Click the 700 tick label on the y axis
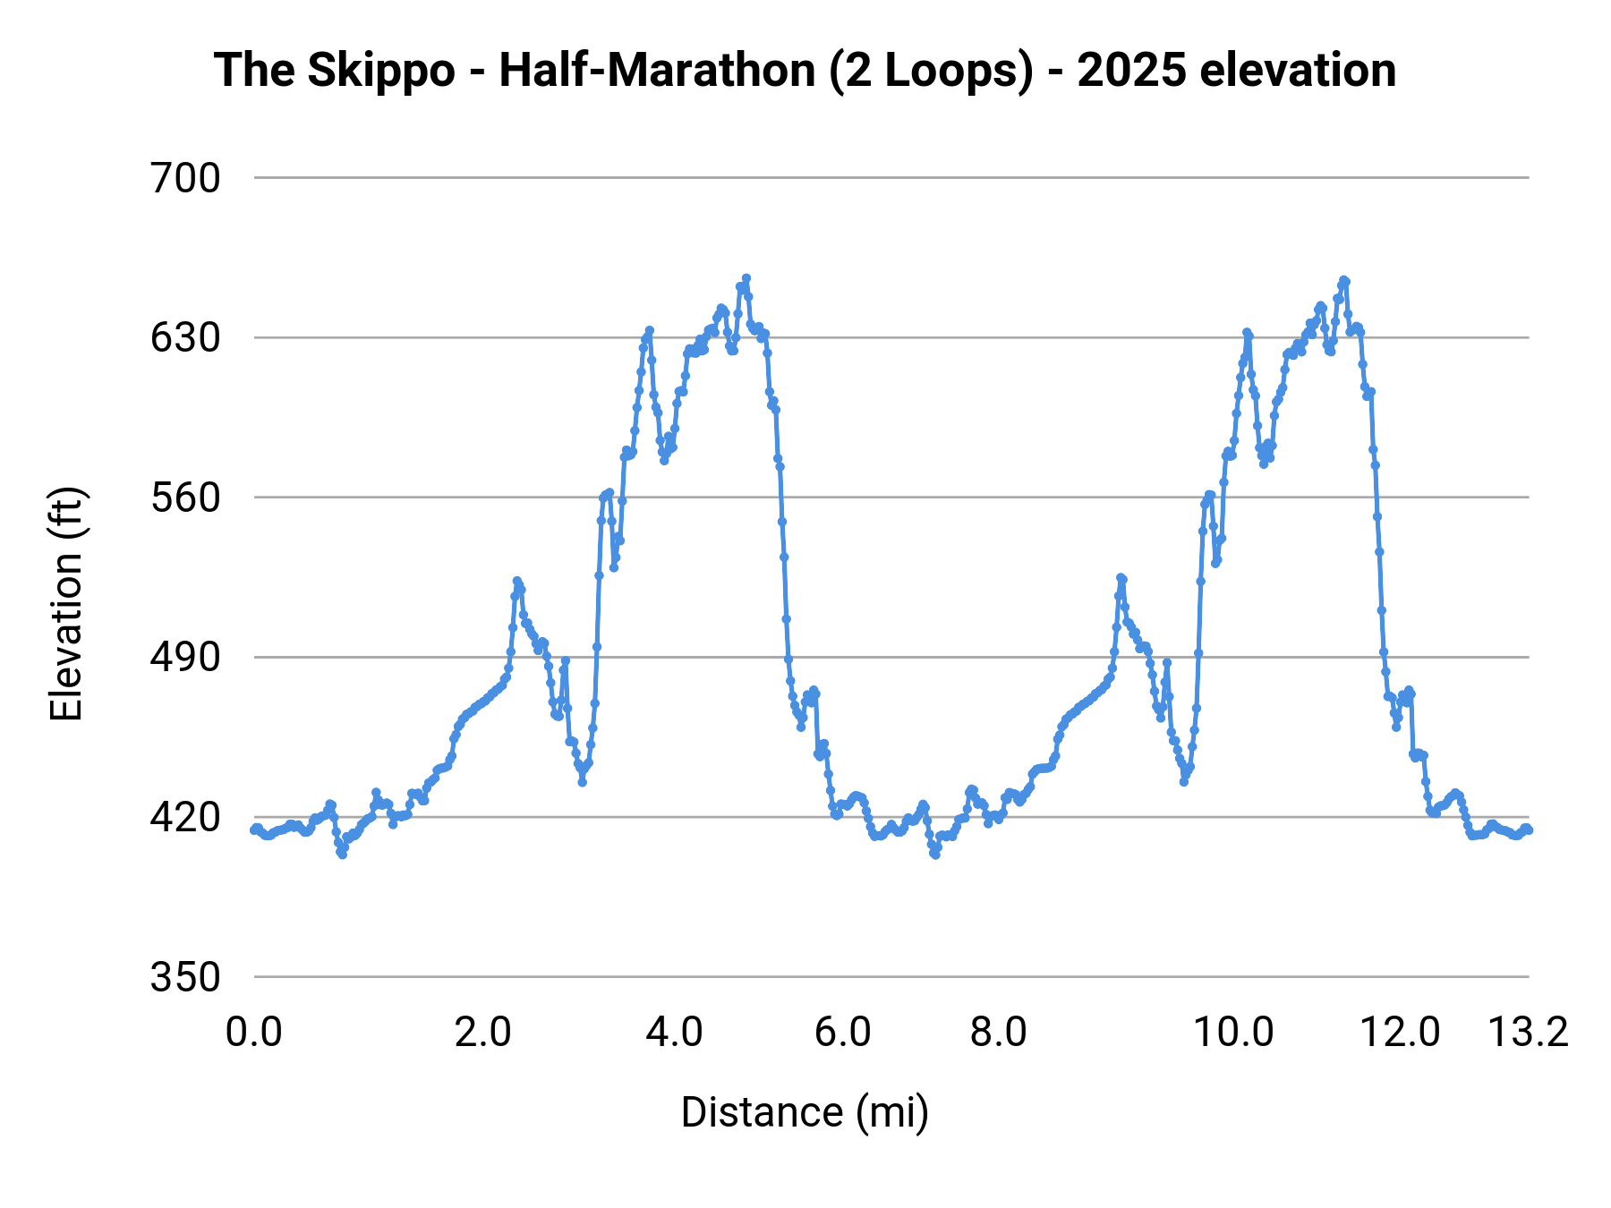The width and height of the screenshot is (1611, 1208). coord(185,179)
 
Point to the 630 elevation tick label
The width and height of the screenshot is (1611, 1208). coord(185,338)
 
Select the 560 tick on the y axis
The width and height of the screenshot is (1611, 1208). coord(185,498)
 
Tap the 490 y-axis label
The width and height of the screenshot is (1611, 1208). coord(185,658)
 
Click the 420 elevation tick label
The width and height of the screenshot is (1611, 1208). coord(185,818)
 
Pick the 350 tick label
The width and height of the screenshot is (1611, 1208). coord(185,977)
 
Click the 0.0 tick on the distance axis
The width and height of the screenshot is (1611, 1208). coord(254,1033)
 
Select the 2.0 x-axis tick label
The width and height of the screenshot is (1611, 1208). coord(482,1033)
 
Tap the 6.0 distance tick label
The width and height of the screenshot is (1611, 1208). coord(842,1033)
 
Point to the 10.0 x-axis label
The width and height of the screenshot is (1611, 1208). coord(1233,1033)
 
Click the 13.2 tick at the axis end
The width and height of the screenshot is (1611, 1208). coord(1528,1033)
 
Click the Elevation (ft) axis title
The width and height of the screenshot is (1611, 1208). coord(66,604)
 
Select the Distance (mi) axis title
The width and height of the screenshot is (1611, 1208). coord(805,1112)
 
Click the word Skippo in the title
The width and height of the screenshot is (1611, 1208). coord(380,71)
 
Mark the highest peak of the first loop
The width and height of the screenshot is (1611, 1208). coord(746,278)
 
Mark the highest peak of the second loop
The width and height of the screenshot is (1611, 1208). coord(1344,280)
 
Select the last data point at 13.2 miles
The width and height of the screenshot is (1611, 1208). coord(1529,830)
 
